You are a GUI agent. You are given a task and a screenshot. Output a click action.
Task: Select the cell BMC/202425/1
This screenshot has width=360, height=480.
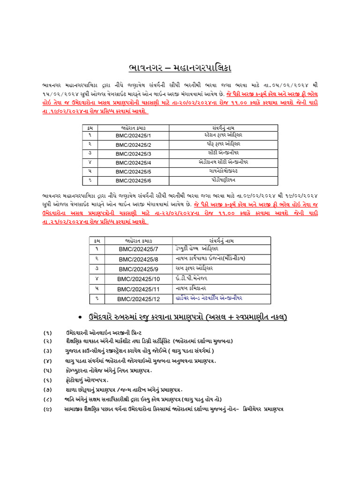[x=134, y=136]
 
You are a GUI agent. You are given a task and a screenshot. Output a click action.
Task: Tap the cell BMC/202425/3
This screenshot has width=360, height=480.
[x=134, y=154]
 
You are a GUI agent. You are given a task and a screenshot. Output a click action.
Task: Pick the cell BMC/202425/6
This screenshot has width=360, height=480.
[x=134, y=180]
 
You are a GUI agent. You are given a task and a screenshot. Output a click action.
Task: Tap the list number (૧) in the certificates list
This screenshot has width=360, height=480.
[x=48, y=332]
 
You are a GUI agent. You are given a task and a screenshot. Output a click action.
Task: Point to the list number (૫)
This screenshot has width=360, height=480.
[x=48, y=370]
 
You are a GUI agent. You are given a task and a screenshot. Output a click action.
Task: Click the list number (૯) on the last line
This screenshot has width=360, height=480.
[x=48, y=409]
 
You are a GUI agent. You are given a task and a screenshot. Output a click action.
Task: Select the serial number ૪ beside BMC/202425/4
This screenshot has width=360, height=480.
[x=90, y=163]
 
